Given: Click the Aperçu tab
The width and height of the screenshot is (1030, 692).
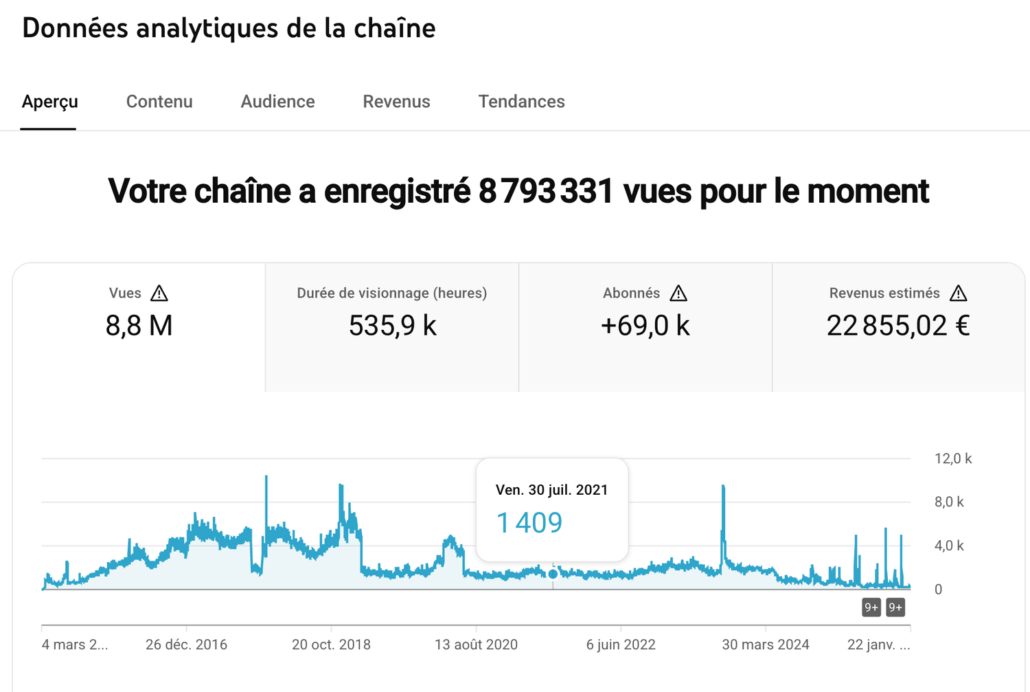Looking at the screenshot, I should [x=49, y=102].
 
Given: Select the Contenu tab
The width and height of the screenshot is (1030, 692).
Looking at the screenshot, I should [x=159, y=102].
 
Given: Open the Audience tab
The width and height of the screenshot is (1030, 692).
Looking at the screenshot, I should [x=277, y=102].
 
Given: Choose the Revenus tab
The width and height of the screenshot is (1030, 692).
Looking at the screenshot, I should [x=396, y=102].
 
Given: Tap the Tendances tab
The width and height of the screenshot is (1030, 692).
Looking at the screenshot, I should [x=521, y=102].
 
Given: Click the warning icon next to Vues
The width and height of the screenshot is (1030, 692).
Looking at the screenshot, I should [x=159, y=293].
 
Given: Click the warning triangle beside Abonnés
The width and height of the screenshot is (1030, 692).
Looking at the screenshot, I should [x=678, y=293].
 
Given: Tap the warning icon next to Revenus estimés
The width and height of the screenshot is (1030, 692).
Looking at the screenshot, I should [x=959, y=293].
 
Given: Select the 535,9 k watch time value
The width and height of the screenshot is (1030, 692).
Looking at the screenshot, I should [x=392, y=326].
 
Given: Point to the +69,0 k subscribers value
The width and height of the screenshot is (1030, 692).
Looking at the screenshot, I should [x=645, y=326].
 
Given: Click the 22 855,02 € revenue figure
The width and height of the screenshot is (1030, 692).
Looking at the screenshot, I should [x=898, y=326].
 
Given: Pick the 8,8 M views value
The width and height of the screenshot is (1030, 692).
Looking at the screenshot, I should [x=139, y=326].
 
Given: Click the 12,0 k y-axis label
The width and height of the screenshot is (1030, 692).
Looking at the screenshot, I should [x=952, y=458].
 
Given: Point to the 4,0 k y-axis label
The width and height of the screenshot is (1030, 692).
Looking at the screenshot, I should [x=949, y=546].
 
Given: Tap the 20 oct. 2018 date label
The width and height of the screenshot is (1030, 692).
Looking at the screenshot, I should [x=331, y=645].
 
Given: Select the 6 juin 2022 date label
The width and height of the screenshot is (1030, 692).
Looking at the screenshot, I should [x=621, y=645].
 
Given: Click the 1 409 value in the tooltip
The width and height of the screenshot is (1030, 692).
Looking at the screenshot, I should [x=529, y=523].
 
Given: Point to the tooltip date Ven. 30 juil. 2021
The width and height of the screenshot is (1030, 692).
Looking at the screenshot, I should [x=551, y=490].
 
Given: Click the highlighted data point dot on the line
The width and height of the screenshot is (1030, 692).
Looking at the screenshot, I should [x=553, y=574].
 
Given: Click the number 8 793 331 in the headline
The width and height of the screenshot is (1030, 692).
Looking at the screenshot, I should [x=545, y=191].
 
